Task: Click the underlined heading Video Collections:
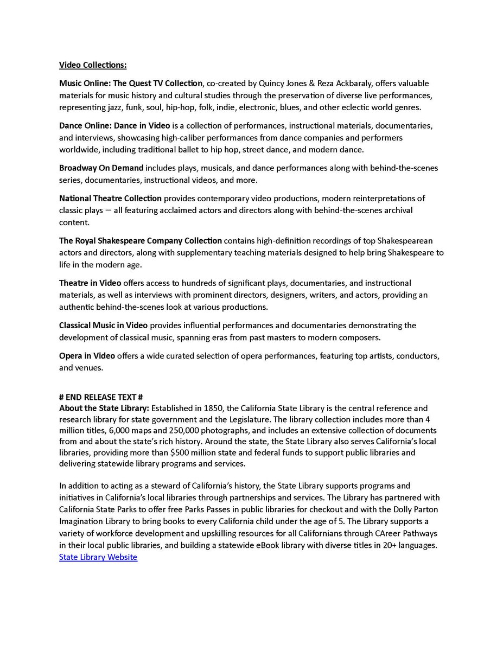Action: (93, 65)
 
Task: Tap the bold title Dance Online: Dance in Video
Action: (114, 126)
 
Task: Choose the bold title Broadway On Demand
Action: (101, 168)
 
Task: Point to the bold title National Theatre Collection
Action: (110, 198)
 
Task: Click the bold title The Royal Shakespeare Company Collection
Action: (141, 240)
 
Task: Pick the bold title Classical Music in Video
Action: (103, 325)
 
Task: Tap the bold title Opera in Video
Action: (87, 356)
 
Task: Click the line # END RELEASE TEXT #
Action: (101, 397)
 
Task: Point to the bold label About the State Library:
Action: (104, 408)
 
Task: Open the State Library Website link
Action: (98, 557)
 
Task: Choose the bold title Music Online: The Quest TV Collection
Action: (130, 83)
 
